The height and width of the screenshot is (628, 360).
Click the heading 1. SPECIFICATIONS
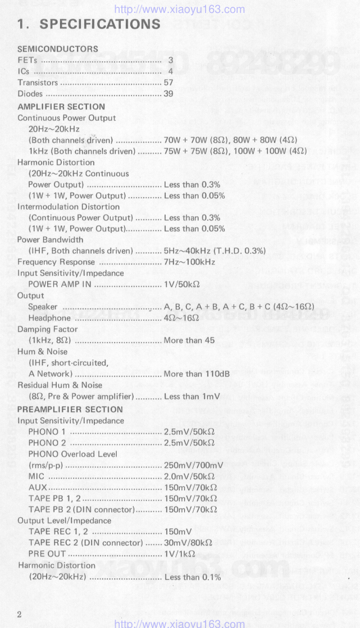point(89,24)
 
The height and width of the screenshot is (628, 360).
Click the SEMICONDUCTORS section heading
point(58,49)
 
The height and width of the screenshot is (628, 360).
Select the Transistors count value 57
point(168,83)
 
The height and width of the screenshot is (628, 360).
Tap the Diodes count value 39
point(168,94)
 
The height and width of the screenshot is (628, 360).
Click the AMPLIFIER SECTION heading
point(61,107)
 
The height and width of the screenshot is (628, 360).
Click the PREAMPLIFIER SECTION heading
point(70,409)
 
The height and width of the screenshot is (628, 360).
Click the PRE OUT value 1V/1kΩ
point(179,554)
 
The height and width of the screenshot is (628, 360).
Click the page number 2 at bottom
point(19,614)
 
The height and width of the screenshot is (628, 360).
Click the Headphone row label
point(49,318)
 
